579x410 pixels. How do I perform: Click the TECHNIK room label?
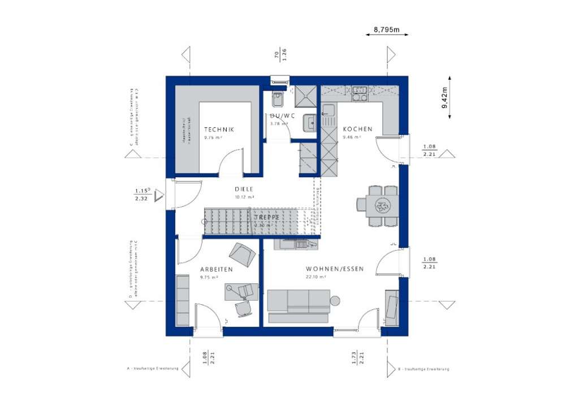(x=219, y=129)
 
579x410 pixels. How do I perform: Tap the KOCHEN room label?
(x=357, y=129)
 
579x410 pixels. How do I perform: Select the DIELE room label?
(x=244, y=190)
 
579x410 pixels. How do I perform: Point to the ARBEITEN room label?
(x=216, y=270)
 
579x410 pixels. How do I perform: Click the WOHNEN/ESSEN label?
(x=335, y=269)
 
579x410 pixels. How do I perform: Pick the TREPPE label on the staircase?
(x=266, y=217)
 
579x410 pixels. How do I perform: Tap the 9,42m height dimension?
(x=446, y=97)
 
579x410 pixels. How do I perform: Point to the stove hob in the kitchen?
(x=359, y=93)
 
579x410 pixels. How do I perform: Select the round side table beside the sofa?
(x=335, y=300)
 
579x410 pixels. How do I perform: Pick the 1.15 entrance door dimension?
(x=141, y=191)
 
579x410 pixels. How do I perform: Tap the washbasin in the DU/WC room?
(x=309, y=122)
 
